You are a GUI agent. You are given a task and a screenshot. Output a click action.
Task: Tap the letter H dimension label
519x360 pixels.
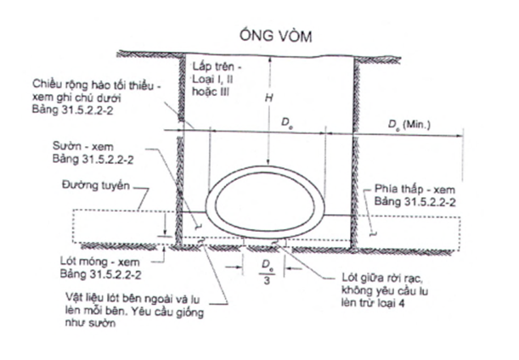coord(268,98)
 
